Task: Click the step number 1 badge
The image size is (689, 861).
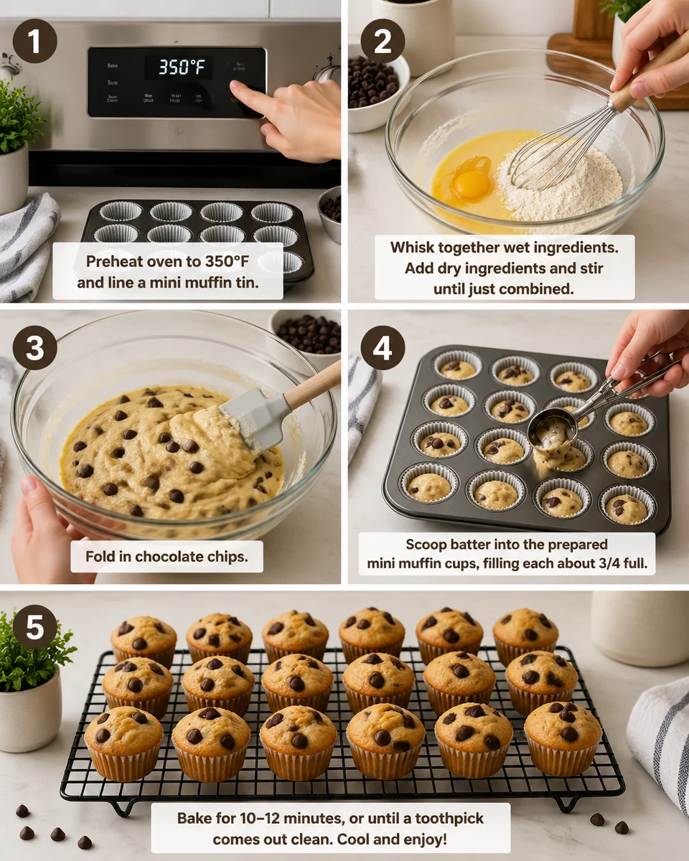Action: point(34,42)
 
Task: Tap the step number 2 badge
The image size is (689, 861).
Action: point(382,42)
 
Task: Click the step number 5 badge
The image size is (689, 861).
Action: point(34,626)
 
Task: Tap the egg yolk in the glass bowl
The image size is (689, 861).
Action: point(472,184)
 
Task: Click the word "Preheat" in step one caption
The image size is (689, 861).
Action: point(114,263)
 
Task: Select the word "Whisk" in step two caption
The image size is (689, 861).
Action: point(412,248)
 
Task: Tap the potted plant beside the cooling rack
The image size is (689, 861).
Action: point(32,682)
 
